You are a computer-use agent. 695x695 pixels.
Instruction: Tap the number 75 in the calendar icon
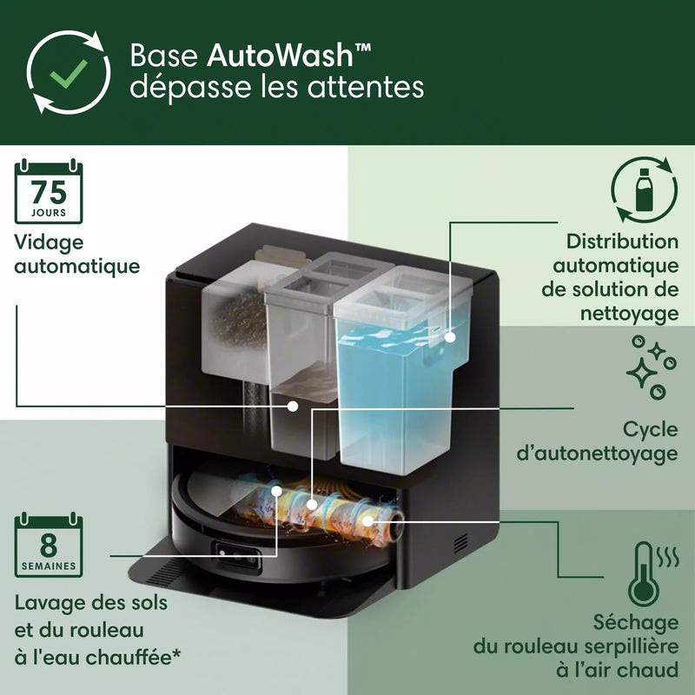(x=49, y=192)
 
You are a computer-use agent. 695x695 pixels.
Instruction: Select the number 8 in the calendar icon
(x=49, y=546)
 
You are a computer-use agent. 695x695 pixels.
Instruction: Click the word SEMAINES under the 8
(x=49, y=566)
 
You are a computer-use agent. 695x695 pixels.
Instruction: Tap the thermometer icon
(x=644, y=574)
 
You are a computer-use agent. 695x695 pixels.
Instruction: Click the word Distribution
(x=622, y=242)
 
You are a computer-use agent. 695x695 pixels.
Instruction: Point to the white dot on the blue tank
(x=450, y=335)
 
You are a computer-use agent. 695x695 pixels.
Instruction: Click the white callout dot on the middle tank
(x=294, y=406)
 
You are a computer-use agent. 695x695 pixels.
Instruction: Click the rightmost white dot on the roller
(x=367, y=520)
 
